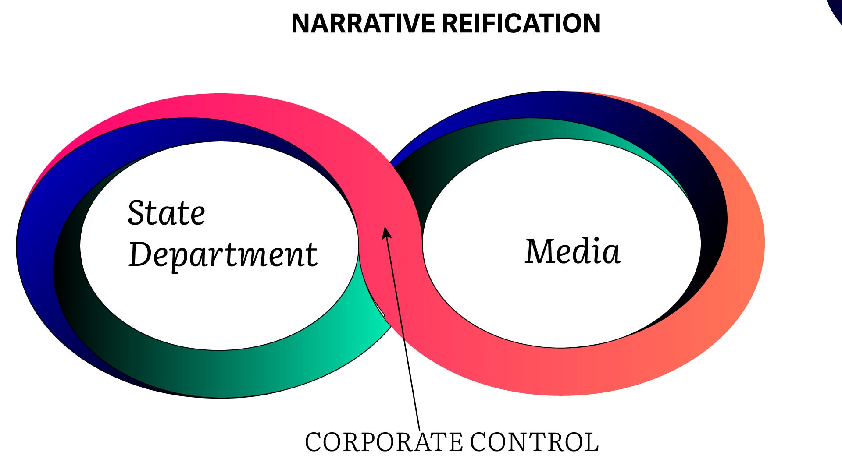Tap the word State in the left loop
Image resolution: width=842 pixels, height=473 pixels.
[x=167, y=213]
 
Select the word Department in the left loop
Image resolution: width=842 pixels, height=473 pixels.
[x=223, y=255]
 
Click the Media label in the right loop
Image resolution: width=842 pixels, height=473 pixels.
[x=573, y=251]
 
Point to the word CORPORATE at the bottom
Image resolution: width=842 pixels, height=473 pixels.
[x=384, y=442]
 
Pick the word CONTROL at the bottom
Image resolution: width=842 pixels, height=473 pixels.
[x=534, y=442]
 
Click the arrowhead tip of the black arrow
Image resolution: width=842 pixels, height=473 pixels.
[x=385, y=228]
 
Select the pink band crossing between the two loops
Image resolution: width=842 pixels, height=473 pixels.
[x=386, y=206]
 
